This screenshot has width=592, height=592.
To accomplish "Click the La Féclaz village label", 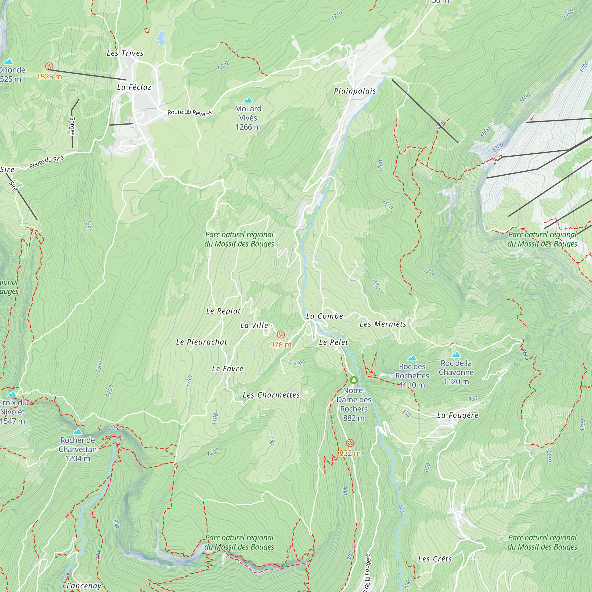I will pos(134,87).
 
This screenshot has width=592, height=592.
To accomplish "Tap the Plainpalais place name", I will pos(355,91).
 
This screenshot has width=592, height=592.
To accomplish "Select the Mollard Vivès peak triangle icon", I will pos(248,100).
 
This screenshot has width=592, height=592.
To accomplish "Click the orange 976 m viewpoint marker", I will pos(281,334).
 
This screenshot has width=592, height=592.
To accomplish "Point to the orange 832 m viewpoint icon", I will pos(350,443).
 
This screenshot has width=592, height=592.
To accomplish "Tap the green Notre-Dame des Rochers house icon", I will pos(354,380).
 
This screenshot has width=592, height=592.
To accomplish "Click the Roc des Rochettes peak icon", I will pos(412,358).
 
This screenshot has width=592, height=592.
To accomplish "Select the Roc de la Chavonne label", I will pos(456,372).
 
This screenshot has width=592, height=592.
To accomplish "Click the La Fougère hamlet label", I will pos(458,416).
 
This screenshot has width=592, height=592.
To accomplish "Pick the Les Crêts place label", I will pos(435,559).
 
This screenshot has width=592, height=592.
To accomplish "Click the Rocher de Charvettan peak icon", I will pos(78,432).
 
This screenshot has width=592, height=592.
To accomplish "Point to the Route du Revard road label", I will pos(190,113).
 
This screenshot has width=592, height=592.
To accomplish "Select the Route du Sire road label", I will pos(46,162).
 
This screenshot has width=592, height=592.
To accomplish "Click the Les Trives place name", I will pos(125,53).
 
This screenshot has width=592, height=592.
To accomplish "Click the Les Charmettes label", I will pos(271,395).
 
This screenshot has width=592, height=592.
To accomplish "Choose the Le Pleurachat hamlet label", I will pos(202,342).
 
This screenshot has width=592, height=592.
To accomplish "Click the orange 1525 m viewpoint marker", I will pos(49,67).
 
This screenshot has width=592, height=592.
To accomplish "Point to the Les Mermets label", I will pos(383,324).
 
